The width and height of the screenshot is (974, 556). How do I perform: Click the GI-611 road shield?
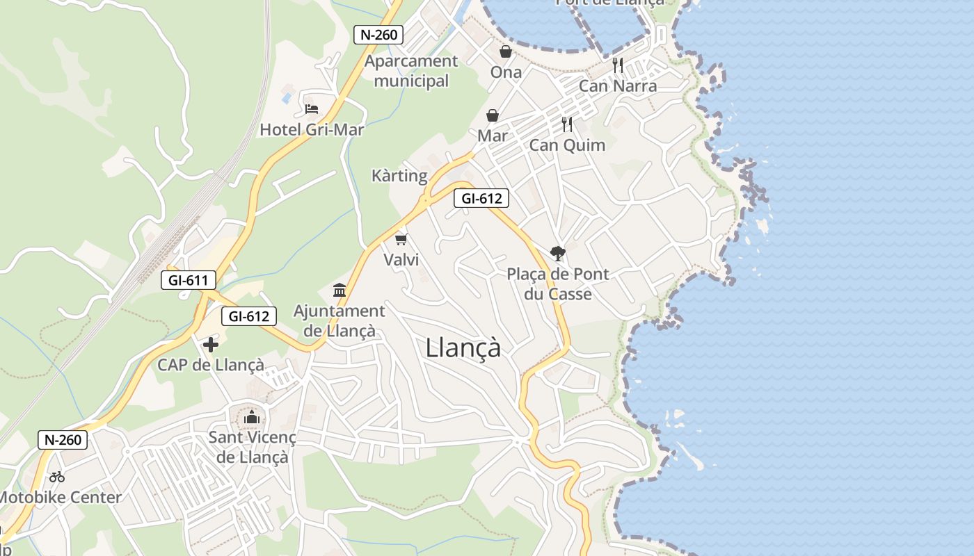click(x=188, y=281)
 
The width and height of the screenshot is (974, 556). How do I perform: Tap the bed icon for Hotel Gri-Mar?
click(x=312, y=109)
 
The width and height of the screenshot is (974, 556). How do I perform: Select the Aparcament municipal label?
click(x=412, y=71)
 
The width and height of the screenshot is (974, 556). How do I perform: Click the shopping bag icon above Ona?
click(x=506, y=51)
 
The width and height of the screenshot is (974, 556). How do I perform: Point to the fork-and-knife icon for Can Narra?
click(x=618, y=65)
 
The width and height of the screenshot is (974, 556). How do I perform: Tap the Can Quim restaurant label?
click(x=567, y=145)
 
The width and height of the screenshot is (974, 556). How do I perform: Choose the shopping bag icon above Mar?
click(x=493, y=115)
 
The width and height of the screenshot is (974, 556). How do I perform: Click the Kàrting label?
click(x=399, y=175)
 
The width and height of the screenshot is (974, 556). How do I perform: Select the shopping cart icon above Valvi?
click(x=401, y=240)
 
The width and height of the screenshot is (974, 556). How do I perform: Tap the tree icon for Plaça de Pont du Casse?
click(x=557, y=253)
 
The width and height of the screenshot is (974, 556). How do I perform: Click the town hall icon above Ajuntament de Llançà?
click(x=340, y=290)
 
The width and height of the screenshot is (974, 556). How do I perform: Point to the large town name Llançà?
click(x=463, y=347)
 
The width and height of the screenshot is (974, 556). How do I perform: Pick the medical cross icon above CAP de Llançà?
click(x=211, y=344)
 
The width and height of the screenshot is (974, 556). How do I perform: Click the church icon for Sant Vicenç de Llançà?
click(x=252, y=417)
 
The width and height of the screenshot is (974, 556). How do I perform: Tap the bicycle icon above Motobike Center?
click(x=57, y=477)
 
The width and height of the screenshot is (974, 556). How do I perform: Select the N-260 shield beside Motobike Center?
click(x=63, y=439)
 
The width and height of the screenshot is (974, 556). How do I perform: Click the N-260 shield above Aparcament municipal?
click(x=378, y=35)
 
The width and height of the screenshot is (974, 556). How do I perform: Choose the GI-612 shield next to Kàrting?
click(x=481, y=198)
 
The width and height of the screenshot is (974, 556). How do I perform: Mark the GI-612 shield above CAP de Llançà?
click(x=249, y=316)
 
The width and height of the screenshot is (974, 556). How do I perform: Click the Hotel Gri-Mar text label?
click(x=312, y=129)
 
